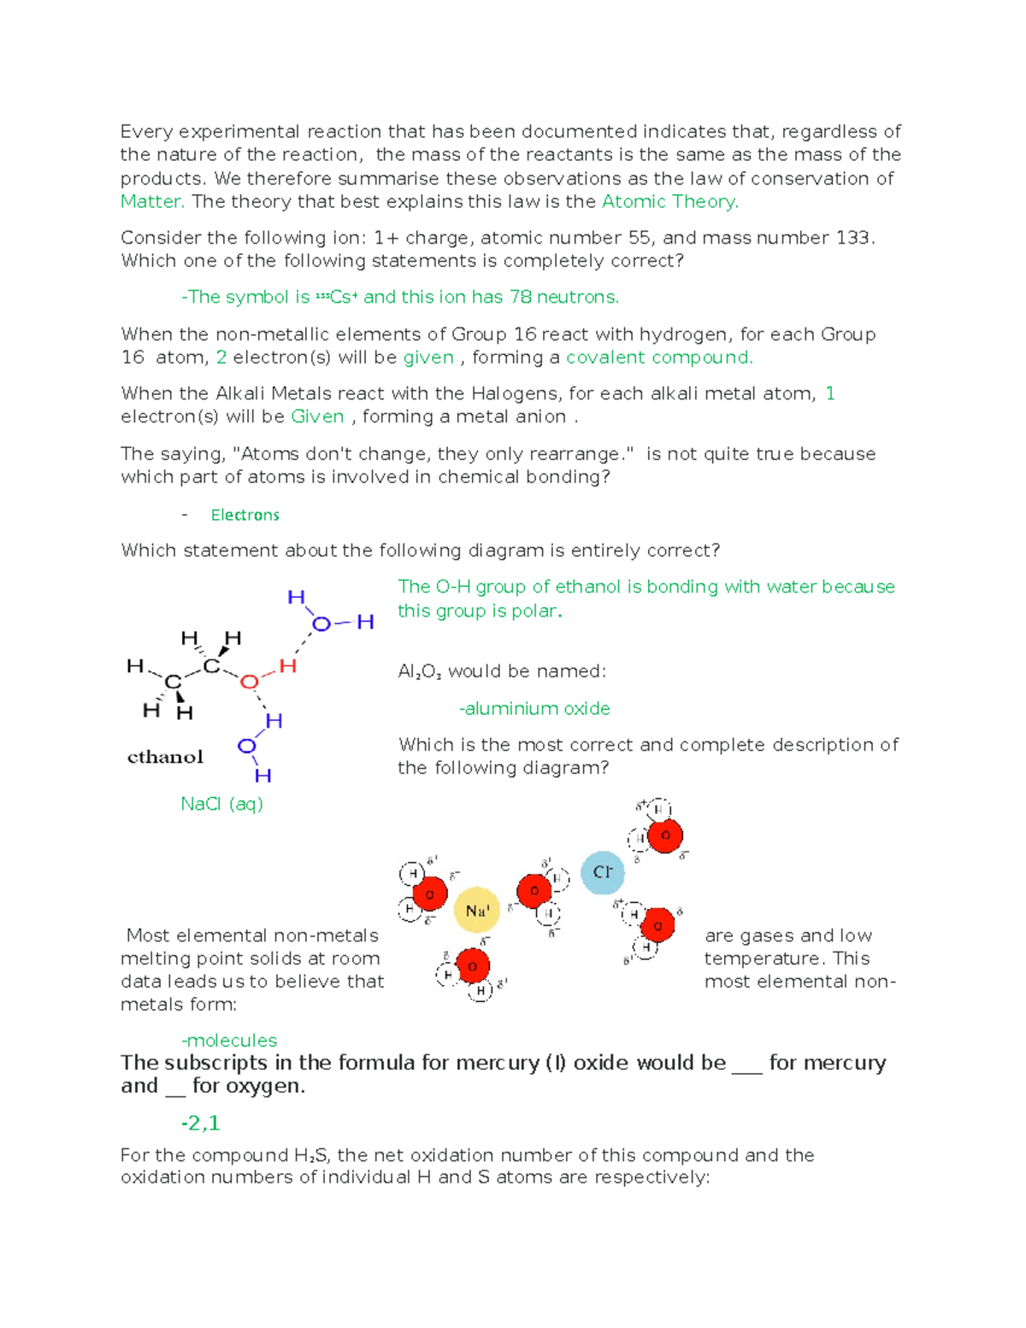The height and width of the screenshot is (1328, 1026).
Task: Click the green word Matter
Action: pos(151,202)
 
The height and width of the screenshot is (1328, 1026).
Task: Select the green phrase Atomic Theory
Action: pos(669,202)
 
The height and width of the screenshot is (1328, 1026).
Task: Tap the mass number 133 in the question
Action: pos(852,238)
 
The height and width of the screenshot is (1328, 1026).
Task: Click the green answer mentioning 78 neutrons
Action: pos(400,298)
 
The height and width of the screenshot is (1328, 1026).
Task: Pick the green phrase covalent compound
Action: pos(659,357)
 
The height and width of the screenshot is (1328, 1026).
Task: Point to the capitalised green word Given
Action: pos(317,416)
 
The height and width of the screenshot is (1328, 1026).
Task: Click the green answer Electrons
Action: pos(245,515)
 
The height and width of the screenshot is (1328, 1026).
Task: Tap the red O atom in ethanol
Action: pos(249,682)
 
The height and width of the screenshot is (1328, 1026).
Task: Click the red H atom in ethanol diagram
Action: pos(287,665)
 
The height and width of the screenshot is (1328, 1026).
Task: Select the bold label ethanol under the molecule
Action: pos(165,757)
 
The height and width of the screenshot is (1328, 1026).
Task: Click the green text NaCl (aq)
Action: pos(221,804)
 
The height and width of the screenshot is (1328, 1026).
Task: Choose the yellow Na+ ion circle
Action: pos(476,911)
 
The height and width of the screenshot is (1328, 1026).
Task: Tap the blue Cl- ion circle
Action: pos(602,872)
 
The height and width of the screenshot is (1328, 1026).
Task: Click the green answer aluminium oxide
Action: pos(534,709)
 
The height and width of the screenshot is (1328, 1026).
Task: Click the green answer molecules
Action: pos(229,1041)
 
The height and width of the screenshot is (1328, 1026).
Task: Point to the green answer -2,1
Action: pos(200,1123)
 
